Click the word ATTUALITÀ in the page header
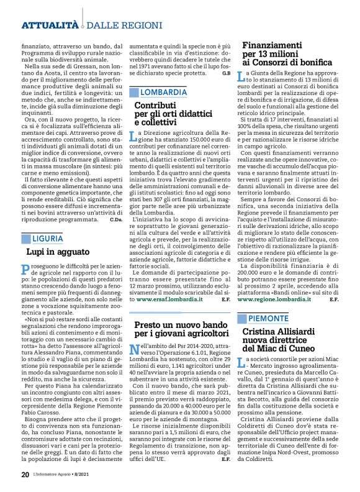pos(50,25)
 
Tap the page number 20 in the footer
pos(25,475)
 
